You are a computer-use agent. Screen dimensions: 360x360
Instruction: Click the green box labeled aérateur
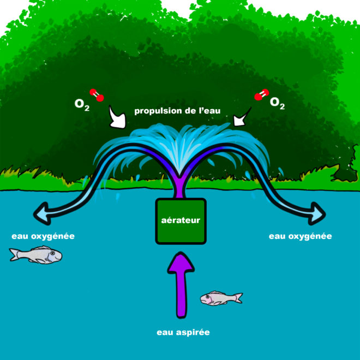181,221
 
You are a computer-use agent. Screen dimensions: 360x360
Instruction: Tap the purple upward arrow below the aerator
181,286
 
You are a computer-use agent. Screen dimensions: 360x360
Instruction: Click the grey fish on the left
35,254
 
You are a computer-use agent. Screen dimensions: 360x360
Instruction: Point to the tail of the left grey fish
14,254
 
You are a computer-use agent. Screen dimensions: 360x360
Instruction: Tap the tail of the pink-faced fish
238,297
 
